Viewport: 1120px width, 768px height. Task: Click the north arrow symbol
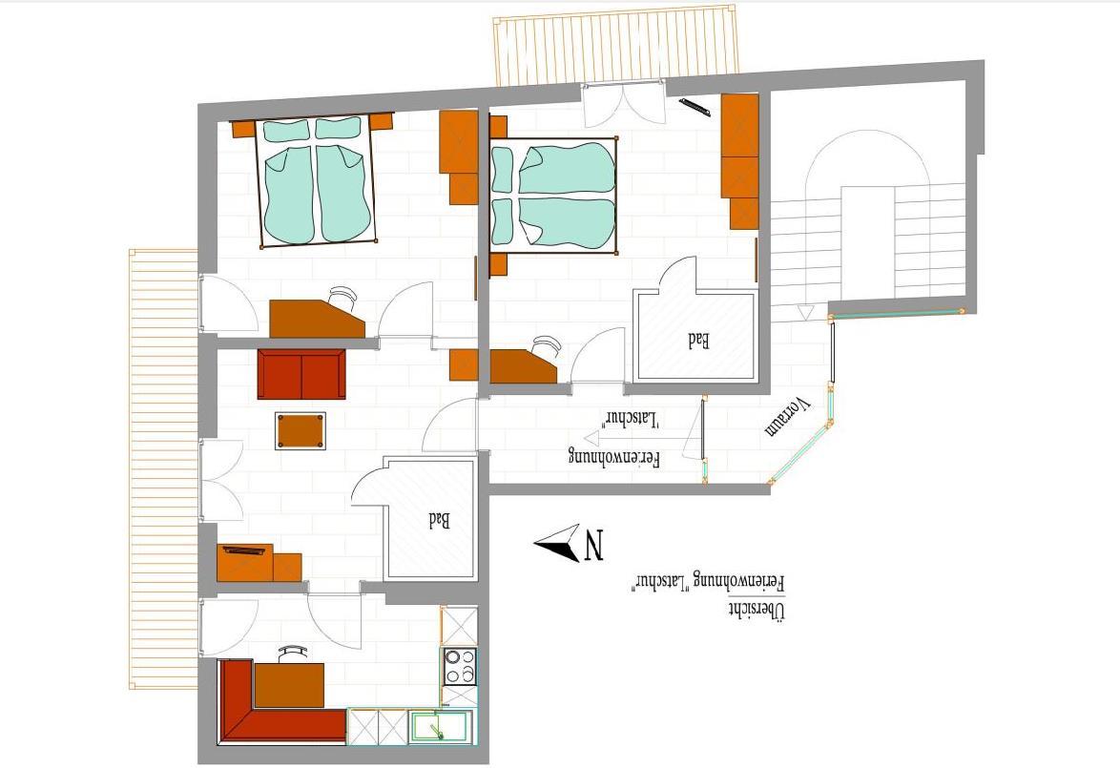click(x=558, y=544)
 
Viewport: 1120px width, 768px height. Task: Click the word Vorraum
click(x=789, y=417)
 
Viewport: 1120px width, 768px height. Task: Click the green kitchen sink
click(x=440, y=727)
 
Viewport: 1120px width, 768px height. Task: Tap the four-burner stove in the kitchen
click(x=459, y=666)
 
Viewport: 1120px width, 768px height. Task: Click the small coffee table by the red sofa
click(x=301, y=430)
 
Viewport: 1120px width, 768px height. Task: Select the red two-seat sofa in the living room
click(x=301, y=374)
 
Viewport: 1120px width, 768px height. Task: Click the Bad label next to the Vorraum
click(x=698, y=340)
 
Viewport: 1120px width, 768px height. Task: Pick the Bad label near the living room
click(x=439, y=520)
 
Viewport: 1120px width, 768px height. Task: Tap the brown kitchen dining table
click(x=289, y=685)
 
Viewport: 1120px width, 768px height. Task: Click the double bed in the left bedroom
click(x=316, y=180)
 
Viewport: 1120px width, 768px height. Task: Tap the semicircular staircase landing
click(x=867, y=161)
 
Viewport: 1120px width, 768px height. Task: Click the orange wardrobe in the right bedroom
click(x=740, y=160)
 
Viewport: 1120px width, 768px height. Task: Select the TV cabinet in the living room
click(x=259, y=562)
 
